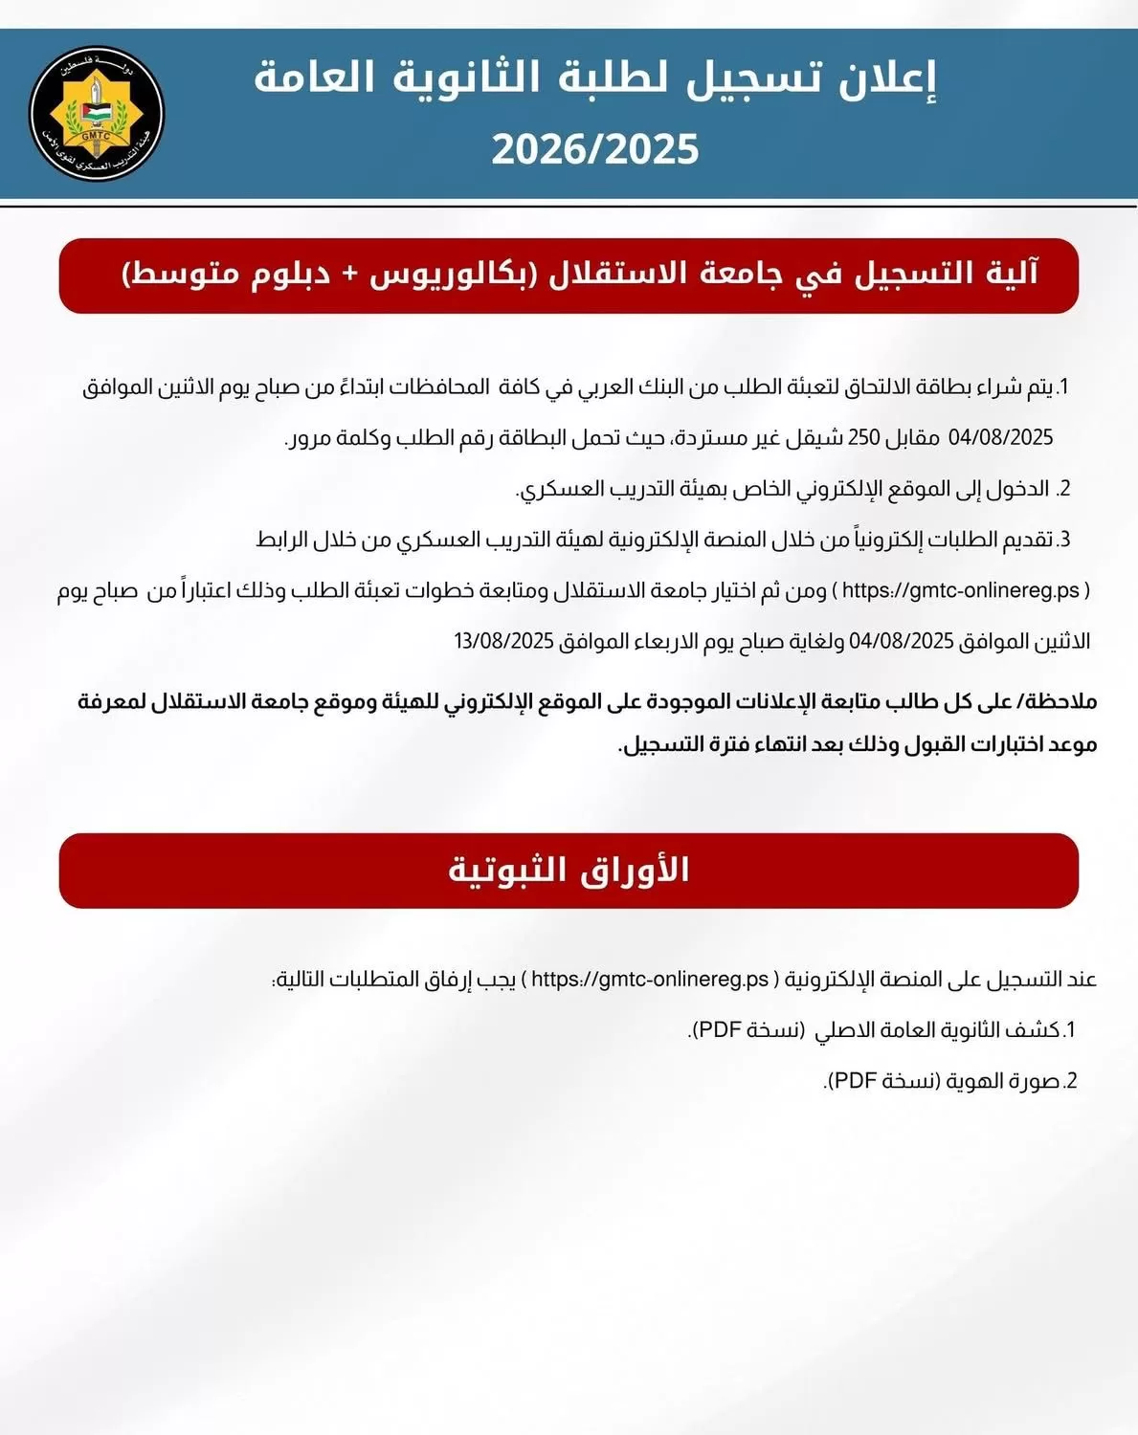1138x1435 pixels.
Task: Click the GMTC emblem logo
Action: (x=97, y=113)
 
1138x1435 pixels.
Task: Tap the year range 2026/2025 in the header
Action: (x=595, y=150)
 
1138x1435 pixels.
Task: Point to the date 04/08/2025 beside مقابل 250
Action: (x=1000, y=438)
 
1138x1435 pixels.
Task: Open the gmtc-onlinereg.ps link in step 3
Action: (x=961, y=590)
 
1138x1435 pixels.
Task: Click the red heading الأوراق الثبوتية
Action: (x=569, y=870)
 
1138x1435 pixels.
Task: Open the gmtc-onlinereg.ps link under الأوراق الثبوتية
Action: (x=650, y=980)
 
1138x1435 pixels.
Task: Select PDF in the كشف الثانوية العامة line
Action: (x=718, y=1030)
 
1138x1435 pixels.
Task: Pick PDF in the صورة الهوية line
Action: (x=853, y=1081)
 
